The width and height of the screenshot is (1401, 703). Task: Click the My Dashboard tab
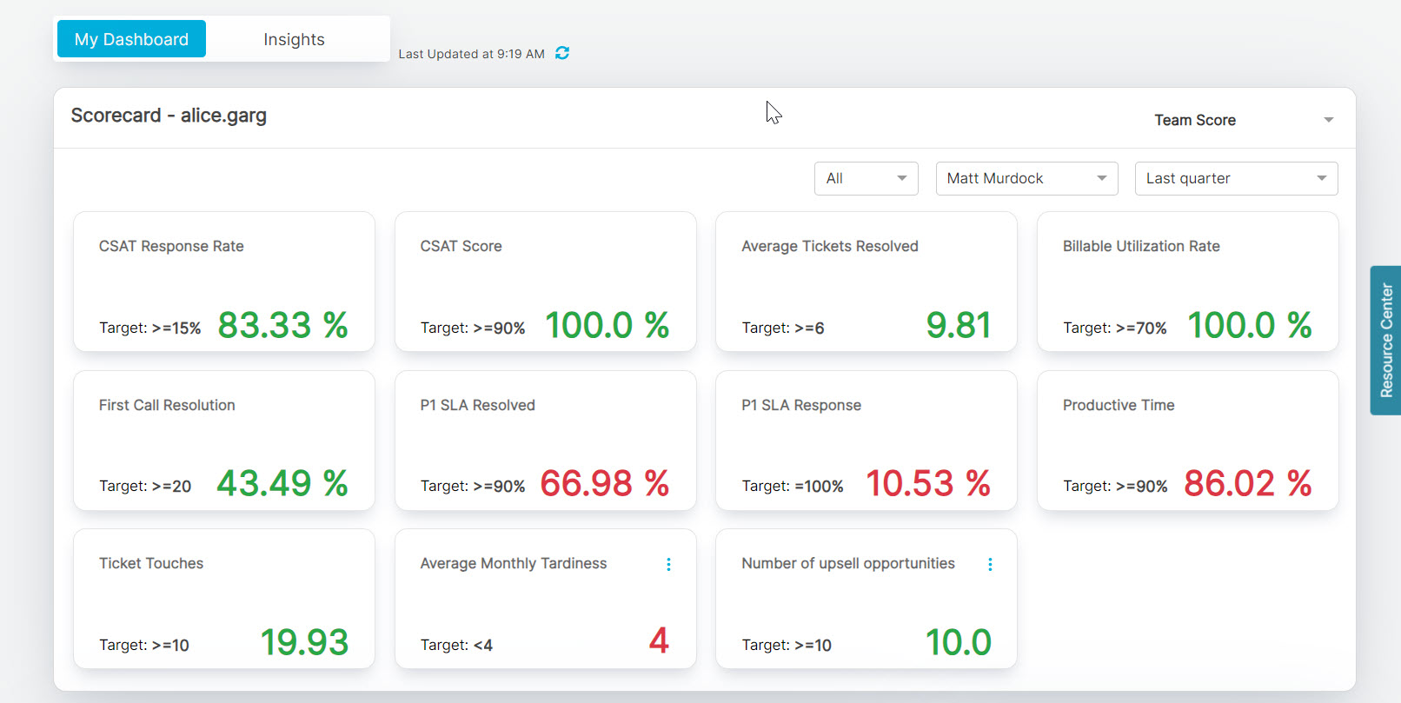point(131,39)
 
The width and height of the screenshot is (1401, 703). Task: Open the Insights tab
point(294,39)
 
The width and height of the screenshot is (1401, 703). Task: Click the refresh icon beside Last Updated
point(562,53)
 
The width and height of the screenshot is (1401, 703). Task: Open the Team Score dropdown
point(1243,120)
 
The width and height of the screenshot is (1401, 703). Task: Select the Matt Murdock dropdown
point(1026,178)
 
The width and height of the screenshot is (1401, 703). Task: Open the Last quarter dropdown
point(1236,178)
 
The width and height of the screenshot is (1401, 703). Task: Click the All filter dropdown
point(866,178)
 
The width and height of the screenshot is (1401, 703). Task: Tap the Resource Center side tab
point(1386,340)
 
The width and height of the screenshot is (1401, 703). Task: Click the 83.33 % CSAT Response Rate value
point(282,325)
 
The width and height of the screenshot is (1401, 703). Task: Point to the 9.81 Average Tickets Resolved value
point(958,325)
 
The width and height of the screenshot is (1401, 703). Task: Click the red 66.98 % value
point(604,483)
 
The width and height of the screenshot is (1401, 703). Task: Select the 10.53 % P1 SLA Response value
point(927,483)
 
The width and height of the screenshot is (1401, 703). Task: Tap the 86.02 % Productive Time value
point(1247,483)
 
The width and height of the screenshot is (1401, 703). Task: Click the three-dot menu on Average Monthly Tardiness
point(668,565)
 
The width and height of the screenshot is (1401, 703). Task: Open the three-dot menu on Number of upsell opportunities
point(990,565)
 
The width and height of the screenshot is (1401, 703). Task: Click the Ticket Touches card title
point(151,563)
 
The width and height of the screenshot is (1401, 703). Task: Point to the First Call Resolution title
point(167,405)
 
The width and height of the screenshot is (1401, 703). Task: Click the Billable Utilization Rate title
point(1141,246)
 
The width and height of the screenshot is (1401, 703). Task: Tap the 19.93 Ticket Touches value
point(304,642)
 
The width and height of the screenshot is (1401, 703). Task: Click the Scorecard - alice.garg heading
point(169,116)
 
